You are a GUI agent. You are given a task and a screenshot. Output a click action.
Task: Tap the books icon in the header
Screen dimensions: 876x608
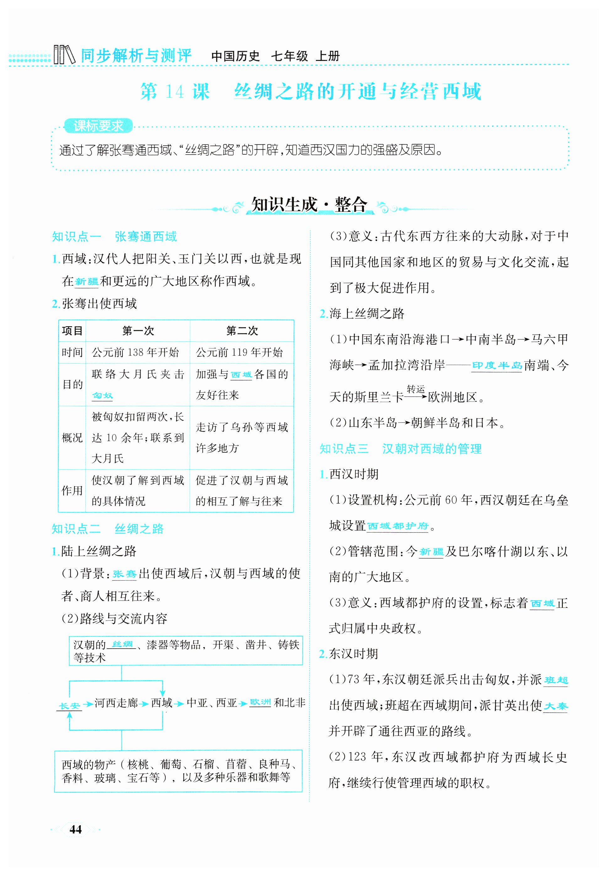[64, 55]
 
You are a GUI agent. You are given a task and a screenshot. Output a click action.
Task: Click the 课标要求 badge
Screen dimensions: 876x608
[98, 126]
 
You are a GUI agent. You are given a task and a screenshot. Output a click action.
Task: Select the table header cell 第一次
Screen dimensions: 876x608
[138, 331]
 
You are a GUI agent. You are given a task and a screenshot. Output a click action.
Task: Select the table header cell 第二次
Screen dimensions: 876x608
[242, 331]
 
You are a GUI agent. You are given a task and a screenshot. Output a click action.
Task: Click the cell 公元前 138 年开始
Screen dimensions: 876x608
[135, 352]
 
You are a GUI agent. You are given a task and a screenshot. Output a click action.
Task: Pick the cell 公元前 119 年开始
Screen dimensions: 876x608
[239, 352]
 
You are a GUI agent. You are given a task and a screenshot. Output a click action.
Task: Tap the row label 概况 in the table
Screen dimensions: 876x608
[72, 438]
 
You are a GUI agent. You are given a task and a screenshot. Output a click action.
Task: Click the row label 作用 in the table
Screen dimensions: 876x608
[72, 491]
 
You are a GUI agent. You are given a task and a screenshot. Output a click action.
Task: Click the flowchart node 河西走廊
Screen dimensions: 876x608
[116, 703]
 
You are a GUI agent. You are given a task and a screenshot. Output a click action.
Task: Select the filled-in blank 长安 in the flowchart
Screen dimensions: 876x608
[69, 706]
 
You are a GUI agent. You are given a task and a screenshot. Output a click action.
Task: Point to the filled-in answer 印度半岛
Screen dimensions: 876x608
[497, 366]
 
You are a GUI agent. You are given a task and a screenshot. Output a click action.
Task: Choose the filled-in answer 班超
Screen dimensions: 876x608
[556, 680]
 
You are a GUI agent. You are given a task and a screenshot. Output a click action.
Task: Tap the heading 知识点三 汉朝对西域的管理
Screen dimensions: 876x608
[400, 449]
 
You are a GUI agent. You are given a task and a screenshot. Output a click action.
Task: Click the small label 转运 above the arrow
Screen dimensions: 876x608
[416, 389]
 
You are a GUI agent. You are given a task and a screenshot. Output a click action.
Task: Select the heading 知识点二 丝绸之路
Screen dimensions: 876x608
[108, 529]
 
